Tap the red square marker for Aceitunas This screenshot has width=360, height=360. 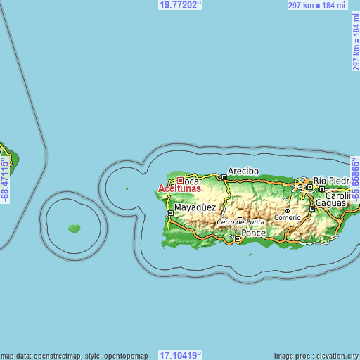180,180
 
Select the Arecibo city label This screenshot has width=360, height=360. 243,171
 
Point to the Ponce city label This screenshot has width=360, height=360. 254,233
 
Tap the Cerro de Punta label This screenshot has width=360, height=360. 240,222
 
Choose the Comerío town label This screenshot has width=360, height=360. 287,217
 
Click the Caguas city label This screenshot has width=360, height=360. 330,202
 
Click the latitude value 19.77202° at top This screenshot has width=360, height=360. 180,5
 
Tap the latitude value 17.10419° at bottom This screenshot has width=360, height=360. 180,355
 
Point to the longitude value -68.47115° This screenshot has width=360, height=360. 5,181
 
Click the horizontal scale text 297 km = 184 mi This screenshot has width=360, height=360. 316,6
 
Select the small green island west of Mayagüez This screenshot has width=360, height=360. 74,228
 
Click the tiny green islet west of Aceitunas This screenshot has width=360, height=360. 127,188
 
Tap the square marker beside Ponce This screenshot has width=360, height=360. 238,239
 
